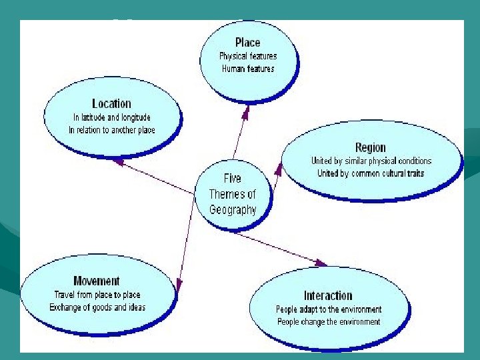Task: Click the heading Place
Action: click(x=247, y=43)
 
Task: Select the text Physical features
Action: click(x=248, y=56)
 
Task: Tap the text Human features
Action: click(x=248, y=69)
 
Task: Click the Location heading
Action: click(x=111, y=103)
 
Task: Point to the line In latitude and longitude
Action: click(x=112, y=117)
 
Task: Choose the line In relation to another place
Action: click(x=112, y=130)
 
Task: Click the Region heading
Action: click(x=371, y=147)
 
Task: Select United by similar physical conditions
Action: click(x=371, y=161)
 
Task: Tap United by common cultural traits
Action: click(x=371, y=173)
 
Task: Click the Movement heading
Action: click(x=97, y=281)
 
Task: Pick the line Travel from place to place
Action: click(x=97, y=295)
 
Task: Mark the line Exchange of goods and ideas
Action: click(x=97, y=307)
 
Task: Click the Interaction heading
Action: click(x=328, y=295)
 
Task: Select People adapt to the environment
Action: click(x=329, y=309)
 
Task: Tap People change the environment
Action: click(x=329, y=322)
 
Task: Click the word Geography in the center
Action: click(x=233, y=209)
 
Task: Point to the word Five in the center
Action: click(x=233, y=179)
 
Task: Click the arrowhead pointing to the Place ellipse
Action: click(x=245, y=115)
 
